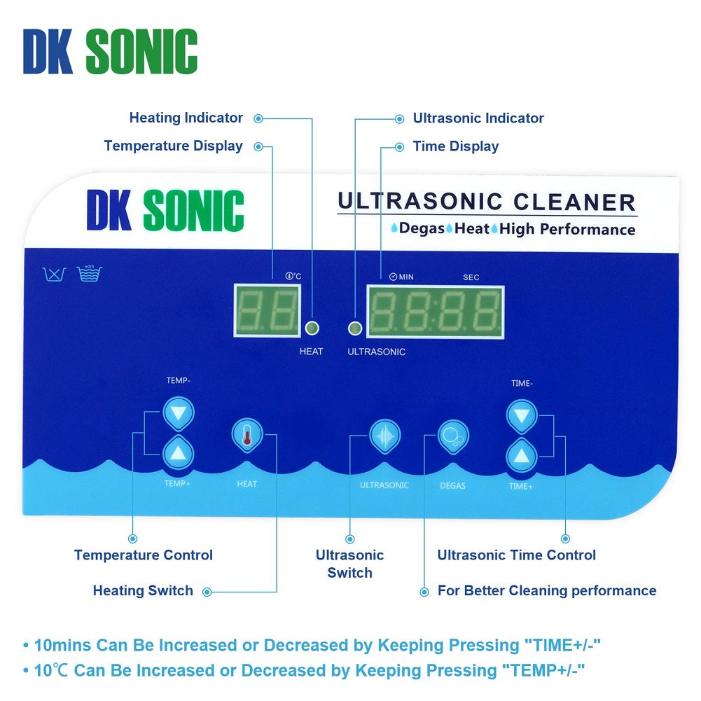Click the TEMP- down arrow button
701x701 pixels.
(178, 413)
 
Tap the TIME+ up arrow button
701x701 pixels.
(521, 457)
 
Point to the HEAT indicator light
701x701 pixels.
(312, 328)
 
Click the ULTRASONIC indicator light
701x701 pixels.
(356, 328)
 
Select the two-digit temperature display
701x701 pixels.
(266, 310)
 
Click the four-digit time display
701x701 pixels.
(435, 311)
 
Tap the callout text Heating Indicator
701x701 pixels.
(186, 118)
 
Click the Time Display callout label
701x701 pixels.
(455, 146)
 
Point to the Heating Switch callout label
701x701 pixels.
(143, 591)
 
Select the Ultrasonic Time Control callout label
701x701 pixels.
(516, 555)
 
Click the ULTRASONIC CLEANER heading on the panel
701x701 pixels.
(486, 202)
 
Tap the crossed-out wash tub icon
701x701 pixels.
(55, 274)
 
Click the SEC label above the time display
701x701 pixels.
(471, 277)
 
